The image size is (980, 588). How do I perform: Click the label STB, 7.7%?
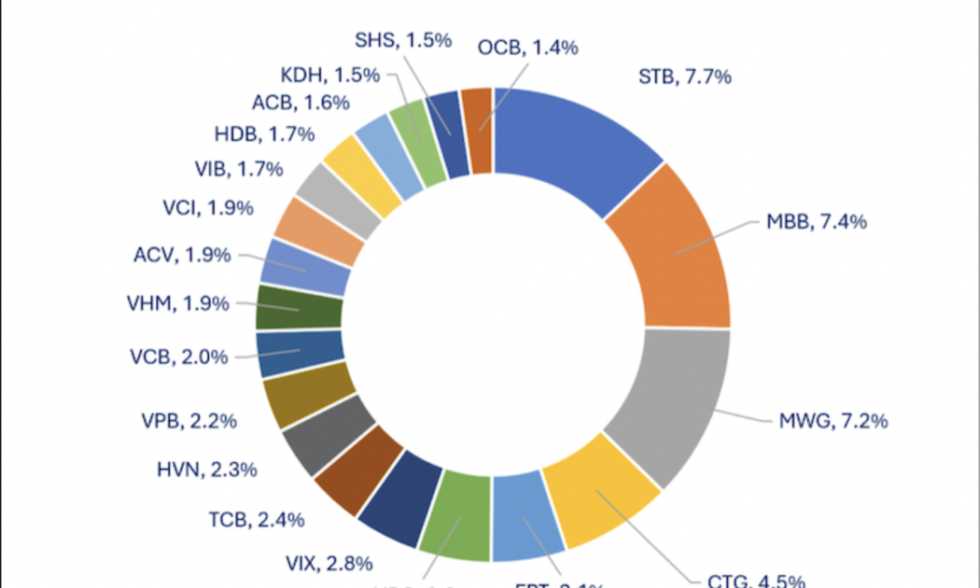(684, 77)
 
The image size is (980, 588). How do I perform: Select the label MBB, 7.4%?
(817, 222)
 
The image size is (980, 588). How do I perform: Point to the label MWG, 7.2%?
(833, 420)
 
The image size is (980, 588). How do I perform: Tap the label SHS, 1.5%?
(403, 40)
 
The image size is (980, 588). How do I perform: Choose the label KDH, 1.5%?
(329, 76)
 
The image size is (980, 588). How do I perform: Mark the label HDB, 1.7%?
(263, 134)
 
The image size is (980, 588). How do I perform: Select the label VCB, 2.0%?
(177, 357)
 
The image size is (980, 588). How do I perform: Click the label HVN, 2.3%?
(206, 470)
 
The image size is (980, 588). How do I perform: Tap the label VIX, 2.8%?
(329, 563)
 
